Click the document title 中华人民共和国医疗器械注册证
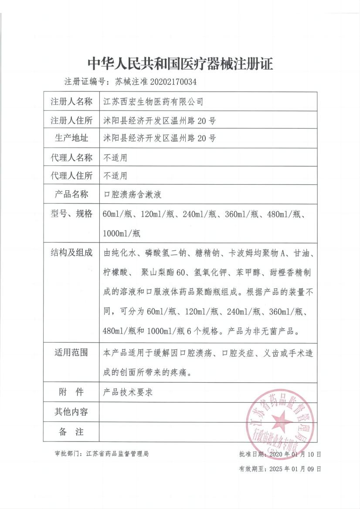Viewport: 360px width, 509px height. pos(180,64)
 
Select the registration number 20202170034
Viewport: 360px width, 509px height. pos(173,81)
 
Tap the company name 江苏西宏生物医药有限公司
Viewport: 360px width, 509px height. pos(153,102)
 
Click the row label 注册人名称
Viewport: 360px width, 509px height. pos(71,102)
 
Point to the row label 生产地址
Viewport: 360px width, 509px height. pos(71,138)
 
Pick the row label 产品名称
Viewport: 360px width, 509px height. pos(71,194)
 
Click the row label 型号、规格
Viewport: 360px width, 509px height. pos(71,214)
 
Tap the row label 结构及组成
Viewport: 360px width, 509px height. pos(71,253)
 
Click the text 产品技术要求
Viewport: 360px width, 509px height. pos(128,392)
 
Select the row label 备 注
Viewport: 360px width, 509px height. pos(71,432)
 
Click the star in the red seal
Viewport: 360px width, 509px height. pos(280,421)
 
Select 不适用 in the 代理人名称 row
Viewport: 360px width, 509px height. pos(115,157)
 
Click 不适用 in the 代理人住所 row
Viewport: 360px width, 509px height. pos(115,176)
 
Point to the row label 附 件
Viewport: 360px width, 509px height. pos(71,392)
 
